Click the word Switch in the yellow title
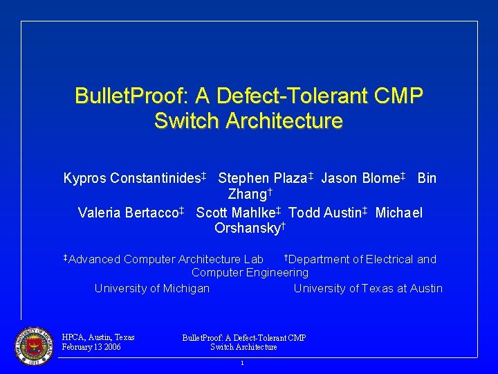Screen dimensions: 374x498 tap(183, 121)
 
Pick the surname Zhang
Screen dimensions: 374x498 tap(247, 195)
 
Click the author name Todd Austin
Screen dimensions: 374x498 tap(325, 213)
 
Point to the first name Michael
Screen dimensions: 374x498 tap(399, 213)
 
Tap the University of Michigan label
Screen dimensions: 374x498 tap(152, 288)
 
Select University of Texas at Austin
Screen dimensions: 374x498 tap(368, 288)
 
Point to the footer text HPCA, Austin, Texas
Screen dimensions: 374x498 tap(98, 338)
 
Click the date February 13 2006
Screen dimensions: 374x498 tap(91, 347)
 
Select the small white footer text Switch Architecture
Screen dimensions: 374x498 tap(243, 347)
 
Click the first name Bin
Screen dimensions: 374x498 tap(427, 178)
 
